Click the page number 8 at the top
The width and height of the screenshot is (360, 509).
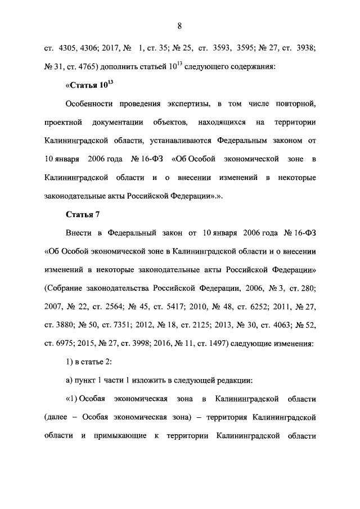(179, 25)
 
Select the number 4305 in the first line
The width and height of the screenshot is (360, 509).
(67, 48)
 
